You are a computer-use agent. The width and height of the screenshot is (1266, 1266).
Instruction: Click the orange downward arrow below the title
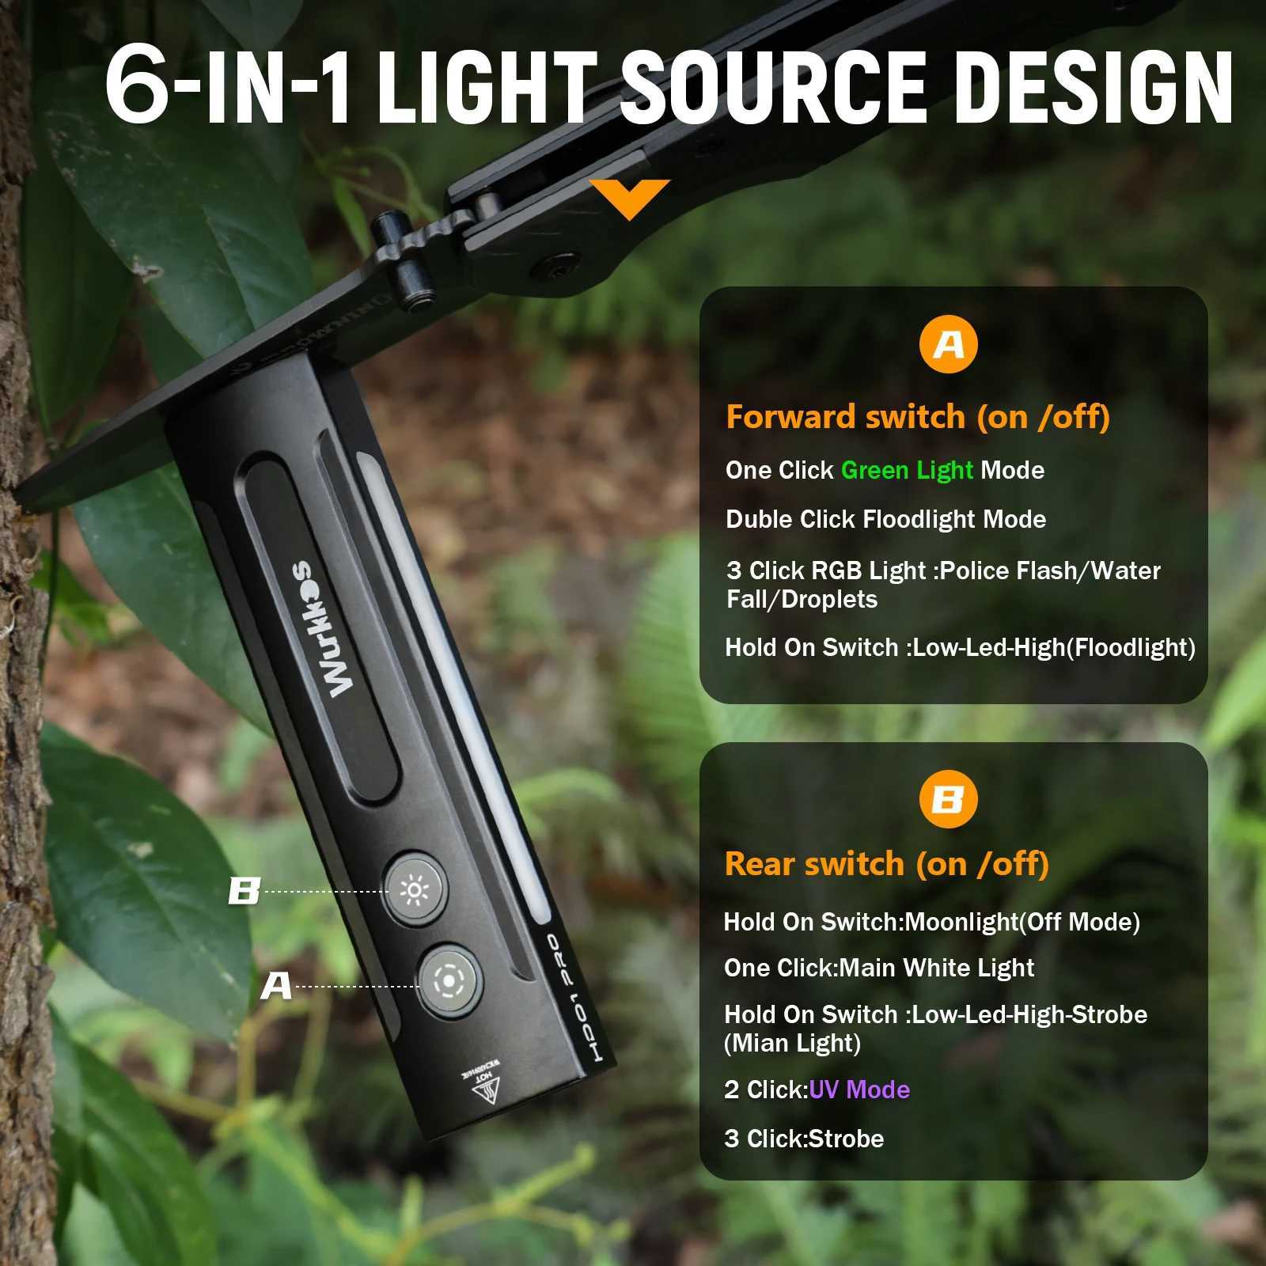click(x=629, y=198)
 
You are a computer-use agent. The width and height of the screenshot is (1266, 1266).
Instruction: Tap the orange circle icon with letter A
click(x=949, y=345)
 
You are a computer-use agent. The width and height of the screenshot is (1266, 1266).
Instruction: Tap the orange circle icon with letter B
click(x=948, y=799)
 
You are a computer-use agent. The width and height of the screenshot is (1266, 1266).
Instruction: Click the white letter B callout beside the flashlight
click(x=244, y=891)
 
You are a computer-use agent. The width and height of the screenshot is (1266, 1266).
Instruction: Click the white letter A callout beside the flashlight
click(x=276, y=986)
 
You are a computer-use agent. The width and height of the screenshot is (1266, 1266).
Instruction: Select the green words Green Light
click(x=906, y=470)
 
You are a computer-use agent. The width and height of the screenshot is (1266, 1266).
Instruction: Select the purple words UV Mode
click(x=859, y=1090)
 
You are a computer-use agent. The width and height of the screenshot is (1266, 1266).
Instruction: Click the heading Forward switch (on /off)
click(x=918, y=417)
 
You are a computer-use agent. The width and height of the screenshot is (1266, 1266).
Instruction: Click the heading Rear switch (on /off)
click(x=886, y=863)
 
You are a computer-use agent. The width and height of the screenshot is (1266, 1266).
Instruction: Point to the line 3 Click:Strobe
click(x=803, y=1139)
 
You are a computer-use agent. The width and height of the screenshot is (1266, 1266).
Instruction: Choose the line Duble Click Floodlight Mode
click(x=885, y=519)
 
